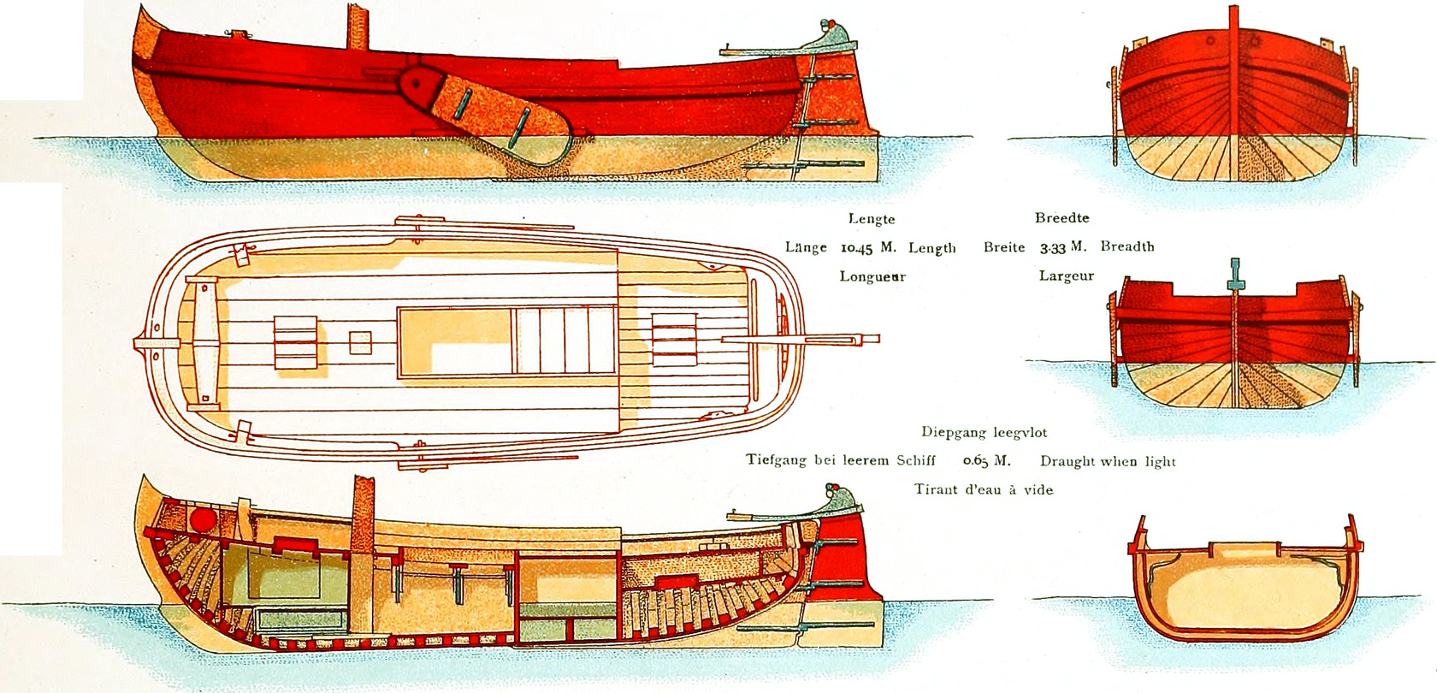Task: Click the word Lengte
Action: click(872, 219)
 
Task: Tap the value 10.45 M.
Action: click(868, 248)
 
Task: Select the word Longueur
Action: click(872, 277)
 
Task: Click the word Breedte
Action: click(1062, 218)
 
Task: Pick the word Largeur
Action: click(1067, 276)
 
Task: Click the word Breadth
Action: click(1127, 246)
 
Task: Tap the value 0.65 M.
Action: click(986, 461)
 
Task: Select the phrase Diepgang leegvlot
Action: click(984, 433)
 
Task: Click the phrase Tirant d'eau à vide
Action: click(984, 490)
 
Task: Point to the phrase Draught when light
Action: click(1108, 462)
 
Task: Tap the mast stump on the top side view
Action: click(358, 27)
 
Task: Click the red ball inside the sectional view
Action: click(202, 519)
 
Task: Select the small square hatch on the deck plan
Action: click(360, 342)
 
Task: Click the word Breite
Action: click(1004, 247)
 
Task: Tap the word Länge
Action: click(806, 248)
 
